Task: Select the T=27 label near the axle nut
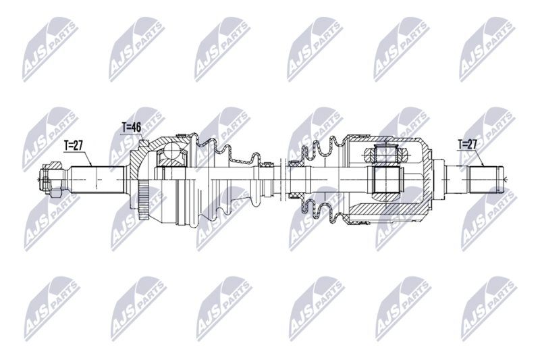74,145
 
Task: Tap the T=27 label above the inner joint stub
467,144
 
